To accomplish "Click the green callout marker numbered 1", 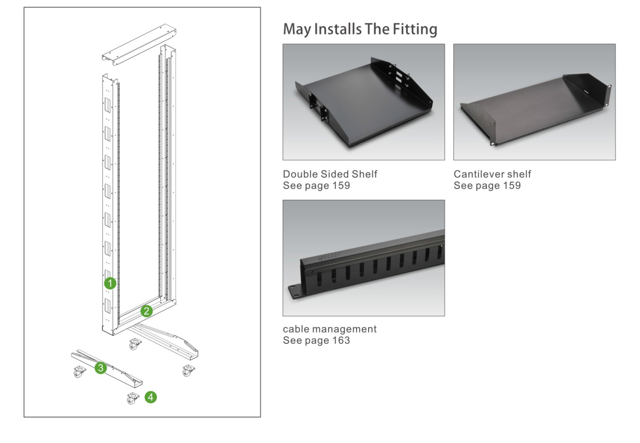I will tap(110, 283).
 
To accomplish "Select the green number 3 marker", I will tap(101, 368).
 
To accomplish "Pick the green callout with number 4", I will tap(151, 397).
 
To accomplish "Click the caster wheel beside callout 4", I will tap(132, 398).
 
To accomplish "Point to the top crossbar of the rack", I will tap(139, 45).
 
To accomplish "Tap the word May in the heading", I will tap(297, 29).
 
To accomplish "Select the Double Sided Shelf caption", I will tap(330, 174).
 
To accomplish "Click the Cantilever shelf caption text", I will tap(492, 174).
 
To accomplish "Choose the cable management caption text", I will tap(330, 329).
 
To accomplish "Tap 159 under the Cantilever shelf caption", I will tap(512, 185).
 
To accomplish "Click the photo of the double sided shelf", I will tap(363, 102).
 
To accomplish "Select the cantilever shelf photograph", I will tap(534, 102).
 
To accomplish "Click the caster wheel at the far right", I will tap(188, 371).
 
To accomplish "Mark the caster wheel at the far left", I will tap(79, 372).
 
